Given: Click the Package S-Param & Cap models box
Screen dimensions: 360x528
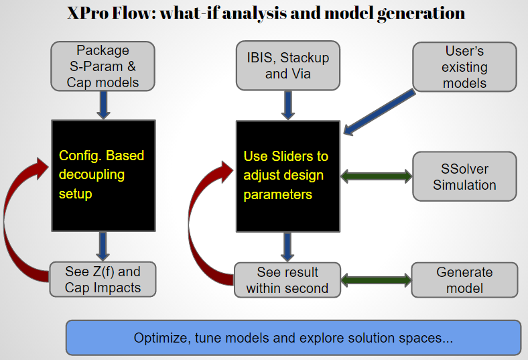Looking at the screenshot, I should pos(103,66).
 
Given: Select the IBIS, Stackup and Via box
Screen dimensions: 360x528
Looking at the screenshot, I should pos(287,66).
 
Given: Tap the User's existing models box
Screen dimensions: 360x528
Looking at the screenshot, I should pos(464,67).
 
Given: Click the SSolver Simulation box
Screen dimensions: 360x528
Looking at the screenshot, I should pos(464,176).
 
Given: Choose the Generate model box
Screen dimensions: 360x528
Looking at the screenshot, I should pos(464,280).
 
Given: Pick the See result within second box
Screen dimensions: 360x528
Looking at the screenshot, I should pos(287,280).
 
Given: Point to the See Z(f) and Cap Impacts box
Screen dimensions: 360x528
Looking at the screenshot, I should pos(103,280).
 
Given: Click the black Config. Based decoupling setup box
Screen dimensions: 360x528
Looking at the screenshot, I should pos(103,175).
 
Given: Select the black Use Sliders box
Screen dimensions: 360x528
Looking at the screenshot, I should pos(287,175).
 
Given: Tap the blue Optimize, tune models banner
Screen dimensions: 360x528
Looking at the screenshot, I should pos(293,338).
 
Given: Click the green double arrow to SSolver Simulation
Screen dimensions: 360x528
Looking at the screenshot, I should pos(377,176).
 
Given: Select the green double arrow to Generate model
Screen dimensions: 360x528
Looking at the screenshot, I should pos(377,280).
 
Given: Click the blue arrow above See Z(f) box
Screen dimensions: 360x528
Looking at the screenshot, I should pos(103,245).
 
